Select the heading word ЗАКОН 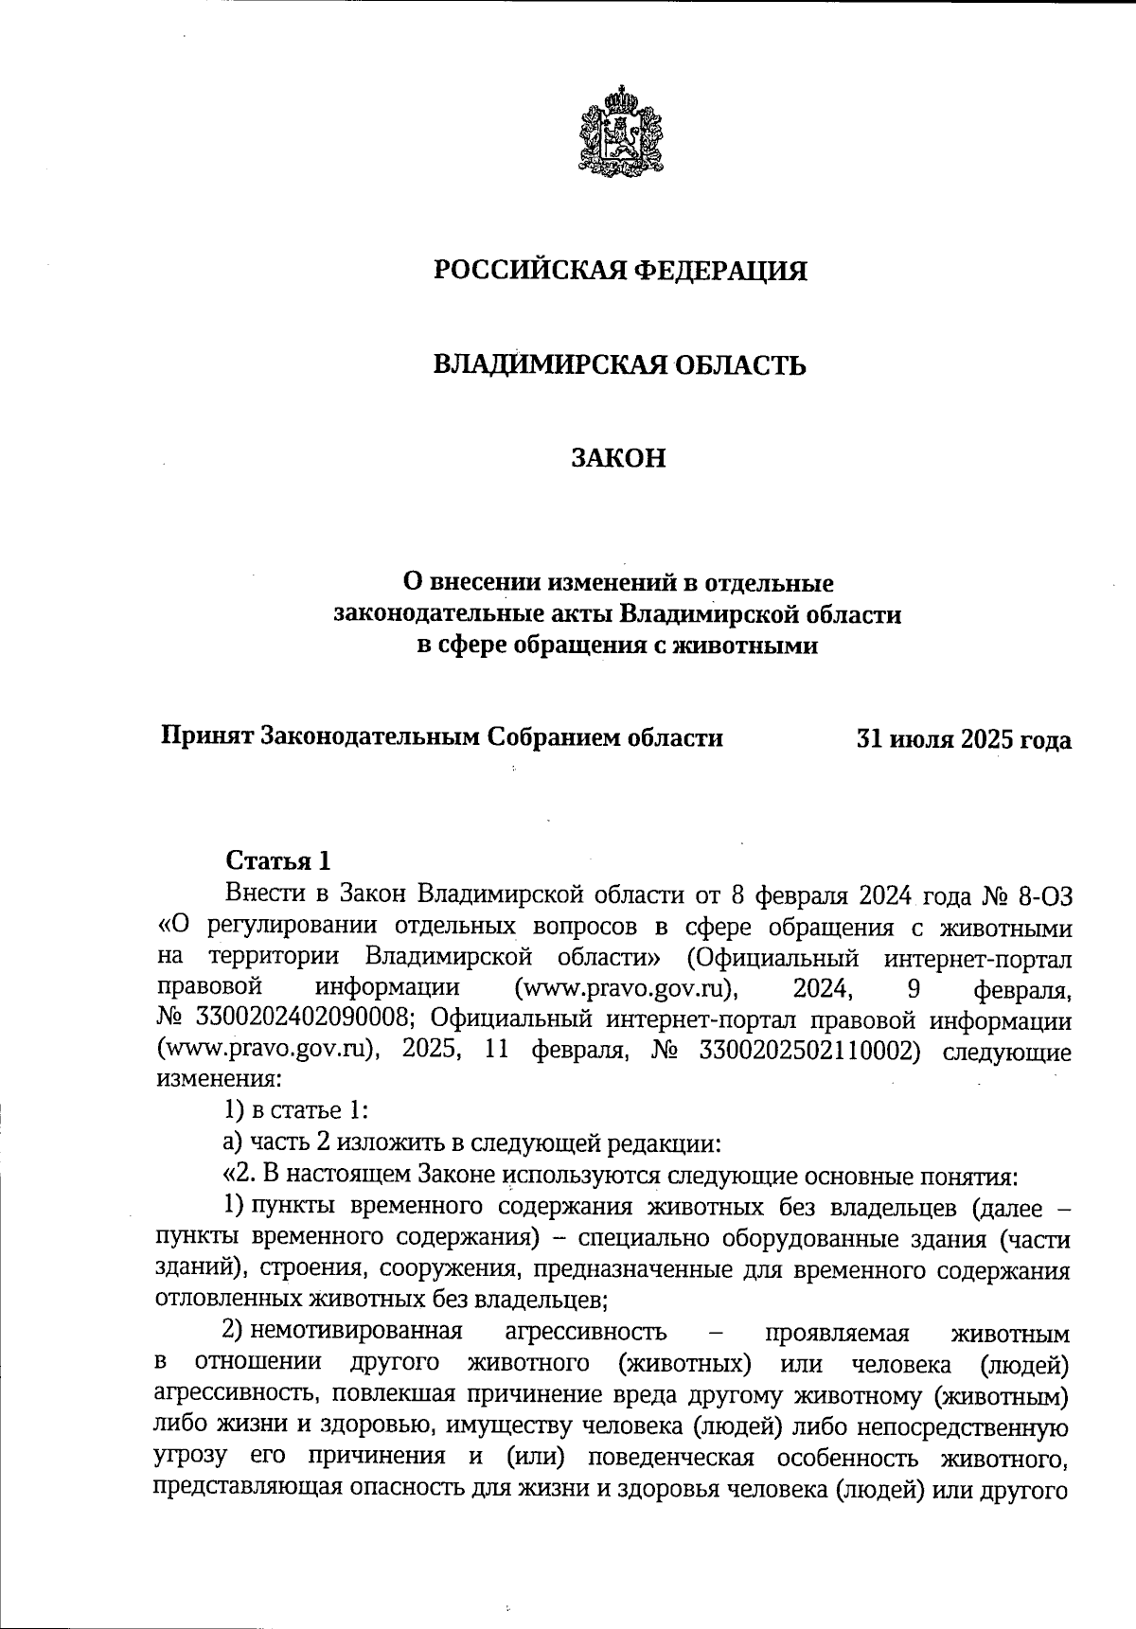point(619,459)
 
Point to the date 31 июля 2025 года point(964,739)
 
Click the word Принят point(206,737)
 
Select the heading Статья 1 point(278,861)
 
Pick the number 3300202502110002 point(808,1052)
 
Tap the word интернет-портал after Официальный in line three point(977,958)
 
